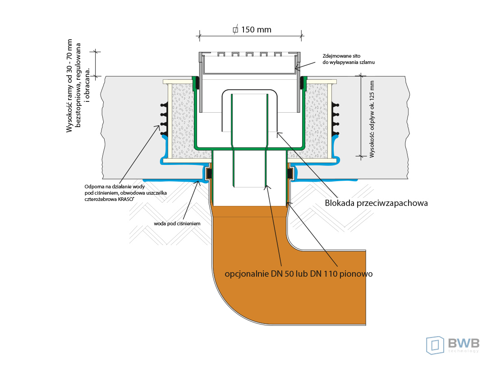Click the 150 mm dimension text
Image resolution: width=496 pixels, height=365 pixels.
256,30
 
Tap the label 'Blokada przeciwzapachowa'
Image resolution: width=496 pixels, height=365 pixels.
376,203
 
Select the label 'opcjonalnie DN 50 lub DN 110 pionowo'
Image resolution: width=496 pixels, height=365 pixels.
299,274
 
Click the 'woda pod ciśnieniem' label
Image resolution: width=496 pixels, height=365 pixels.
177,223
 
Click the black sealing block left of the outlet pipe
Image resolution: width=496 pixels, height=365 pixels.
209,173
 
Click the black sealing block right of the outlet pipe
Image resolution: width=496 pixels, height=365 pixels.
290,173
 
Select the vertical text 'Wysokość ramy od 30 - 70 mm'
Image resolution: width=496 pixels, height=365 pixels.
69,86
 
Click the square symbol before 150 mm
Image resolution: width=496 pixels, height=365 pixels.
235,30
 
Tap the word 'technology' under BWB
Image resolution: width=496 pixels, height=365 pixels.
464,351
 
